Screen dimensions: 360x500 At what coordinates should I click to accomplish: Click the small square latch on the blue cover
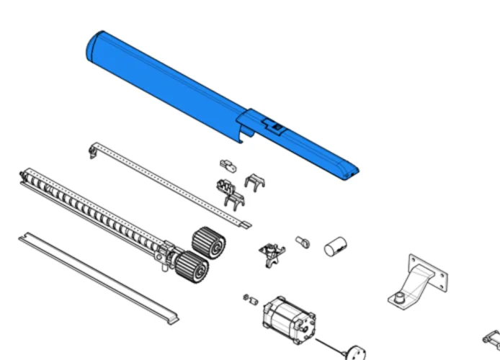pyautogui.click(x=276, y=127)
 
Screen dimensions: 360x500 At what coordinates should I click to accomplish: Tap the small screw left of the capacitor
pyautogui.click(x=303, y=242)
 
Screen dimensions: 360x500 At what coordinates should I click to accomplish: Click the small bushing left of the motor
pyautogui.click(x=251, y=299)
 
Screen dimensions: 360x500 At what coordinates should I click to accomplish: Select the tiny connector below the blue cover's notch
pyautogui.click(x=228, y=165)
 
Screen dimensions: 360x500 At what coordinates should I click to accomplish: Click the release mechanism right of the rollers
pyautogui.click(x=272, y=253)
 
